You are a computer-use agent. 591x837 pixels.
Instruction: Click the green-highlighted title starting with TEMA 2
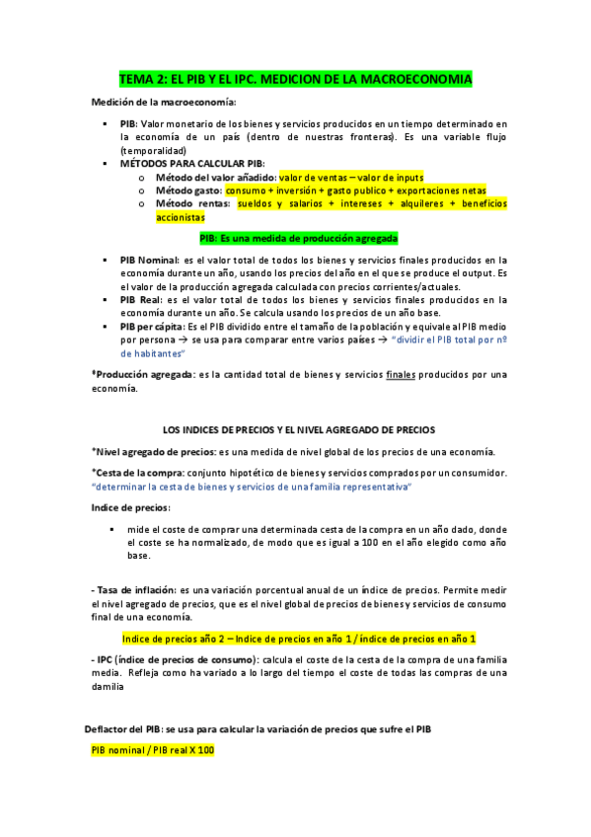[295, 78]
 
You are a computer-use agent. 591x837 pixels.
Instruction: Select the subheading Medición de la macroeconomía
[164, 103]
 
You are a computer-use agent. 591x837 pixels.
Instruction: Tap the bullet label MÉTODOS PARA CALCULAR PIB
[192, 163]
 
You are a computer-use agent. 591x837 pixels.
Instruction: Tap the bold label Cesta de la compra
[139, 473]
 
